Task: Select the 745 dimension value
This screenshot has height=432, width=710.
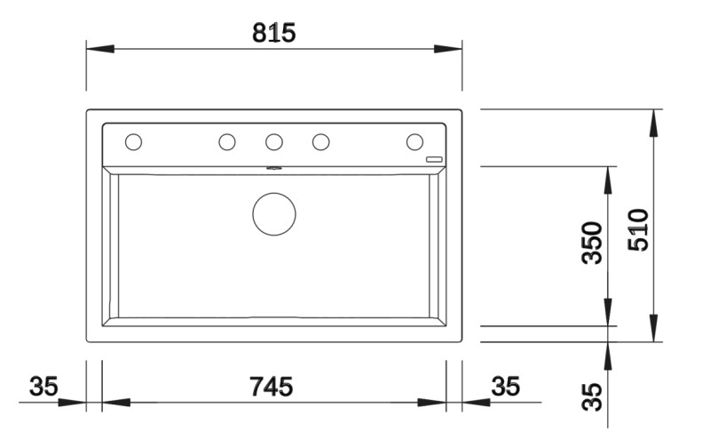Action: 272,387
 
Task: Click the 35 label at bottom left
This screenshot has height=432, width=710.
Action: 43,387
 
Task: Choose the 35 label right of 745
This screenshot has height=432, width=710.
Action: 505,387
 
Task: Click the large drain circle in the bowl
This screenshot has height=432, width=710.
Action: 273,213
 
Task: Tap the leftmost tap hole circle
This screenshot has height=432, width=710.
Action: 134,141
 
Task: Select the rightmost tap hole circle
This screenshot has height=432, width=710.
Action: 414,141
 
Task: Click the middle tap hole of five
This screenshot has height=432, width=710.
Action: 274,141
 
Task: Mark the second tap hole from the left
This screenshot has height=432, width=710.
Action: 227,141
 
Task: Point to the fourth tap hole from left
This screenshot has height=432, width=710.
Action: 321,141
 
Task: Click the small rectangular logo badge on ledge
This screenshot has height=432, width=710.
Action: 434,158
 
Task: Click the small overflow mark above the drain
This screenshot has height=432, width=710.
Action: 273,167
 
